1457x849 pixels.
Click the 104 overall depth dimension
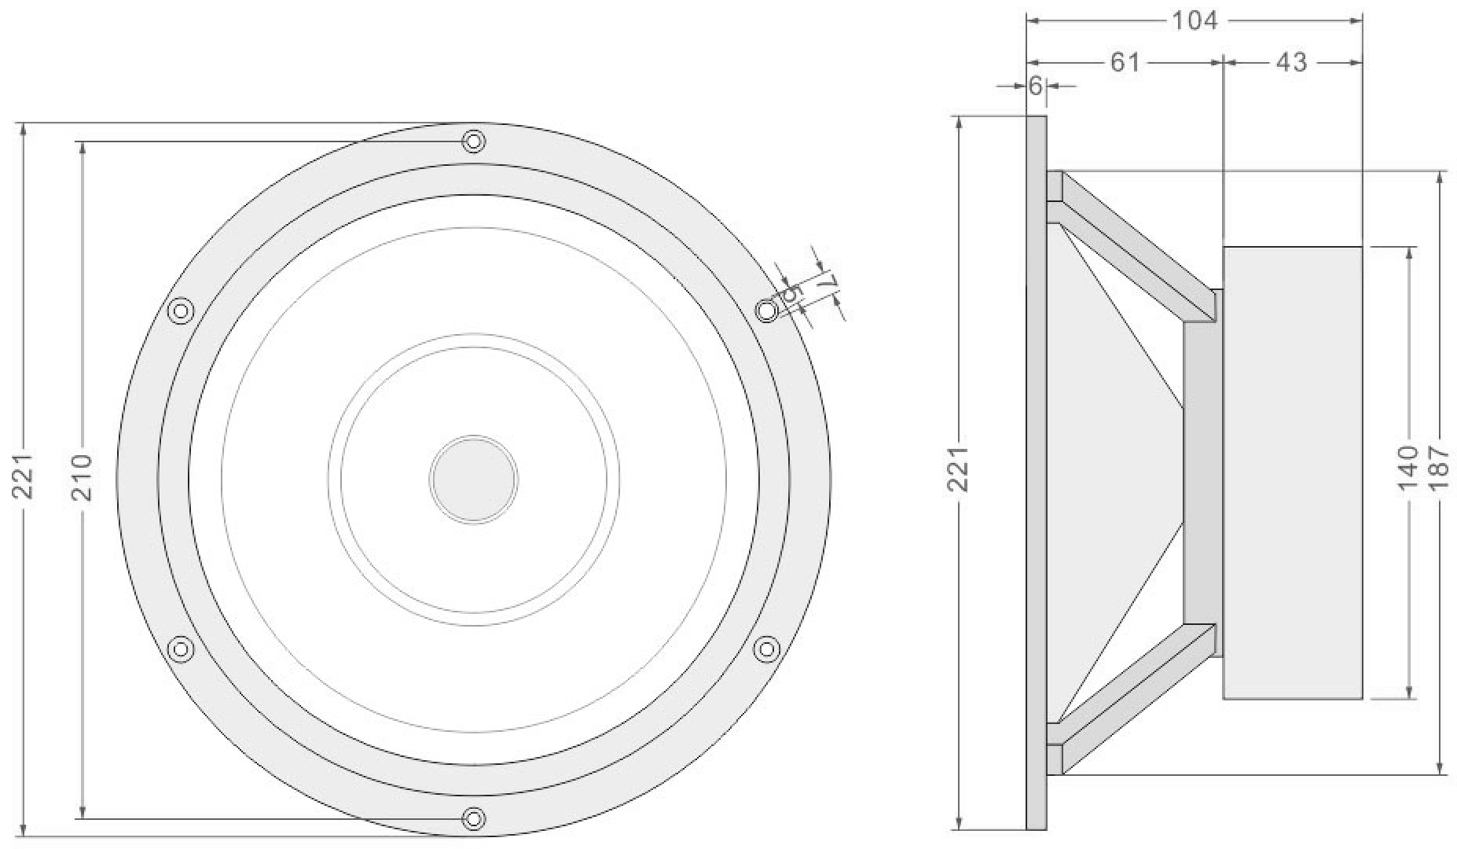pyautogui.click(x=1195, y=20)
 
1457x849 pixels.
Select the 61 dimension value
pyautogui.click(x=1125, y=61)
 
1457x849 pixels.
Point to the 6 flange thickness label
pyautogui.click(x=1036, y=86)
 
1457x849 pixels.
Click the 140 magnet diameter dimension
pyautogui.click(x=1409, y=469)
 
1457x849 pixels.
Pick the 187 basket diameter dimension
pyautogui.click(x=1438, y=469)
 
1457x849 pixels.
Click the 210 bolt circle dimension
pyautogui.click(x=83, y=477)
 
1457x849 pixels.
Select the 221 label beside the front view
pyautogui.click(x=24, y=476)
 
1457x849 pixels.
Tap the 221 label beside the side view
pyautogui.click(x=958, y=469)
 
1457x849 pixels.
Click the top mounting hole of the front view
pyautogui.click(x=473, y=141)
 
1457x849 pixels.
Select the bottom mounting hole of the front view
pyautogui.click(x=473, y=818)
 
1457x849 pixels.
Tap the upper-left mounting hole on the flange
pyautogui.click(x=182, y=311)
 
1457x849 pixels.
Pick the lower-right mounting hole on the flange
pyautogui.click(x=766, y=649)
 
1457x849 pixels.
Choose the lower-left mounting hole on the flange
pyautogui.click(x=182, y=649)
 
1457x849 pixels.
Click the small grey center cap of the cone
pyautogui.click(x=473, y=479)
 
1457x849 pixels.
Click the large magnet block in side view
pyautogui.click(x=1292, y=472)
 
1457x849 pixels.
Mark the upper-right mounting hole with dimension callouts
pyautogui.click(x=766, y=311)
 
